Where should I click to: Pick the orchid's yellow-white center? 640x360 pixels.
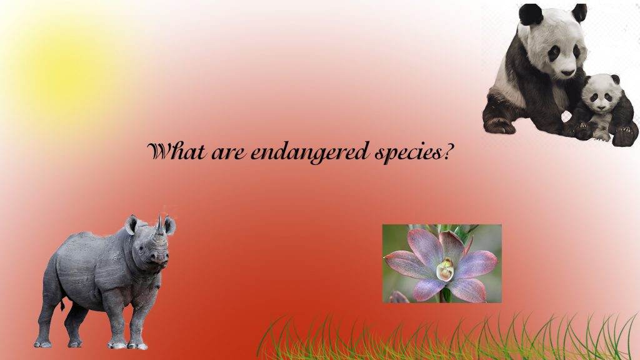[444, 270]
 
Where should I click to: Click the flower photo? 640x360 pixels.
[441, 263]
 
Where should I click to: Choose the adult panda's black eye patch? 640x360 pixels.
[554, 53]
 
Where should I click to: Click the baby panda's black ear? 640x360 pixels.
[615, 79]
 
